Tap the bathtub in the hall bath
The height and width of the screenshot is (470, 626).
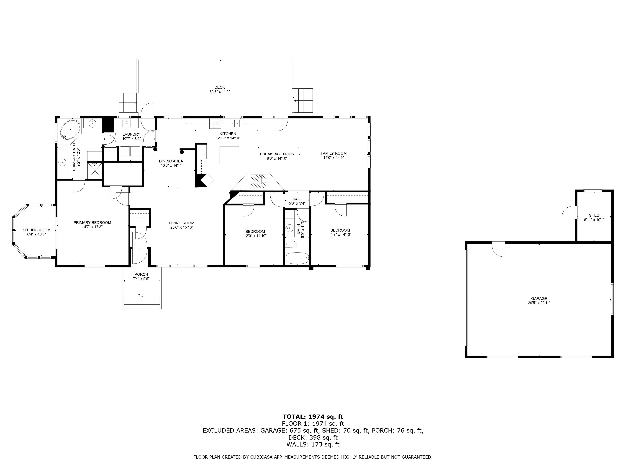297,258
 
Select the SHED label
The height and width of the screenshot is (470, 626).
594,215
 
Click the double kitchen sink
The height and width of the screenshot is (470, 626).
235,123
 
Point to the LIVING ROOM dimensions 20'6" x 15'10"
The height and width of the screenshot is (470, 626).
182,227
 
